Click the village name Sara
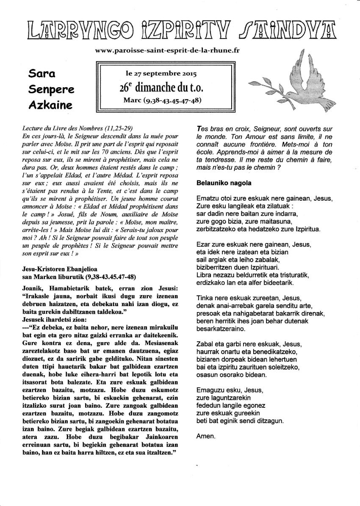tap(42, 74)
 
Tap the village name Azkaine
tap(50, 105)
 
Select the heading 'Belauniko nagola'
tap(224, 183)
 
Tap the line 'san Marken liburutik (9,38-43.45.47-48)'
tap(79, 277)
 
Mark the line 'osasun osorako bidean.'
tap(231, 374)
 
